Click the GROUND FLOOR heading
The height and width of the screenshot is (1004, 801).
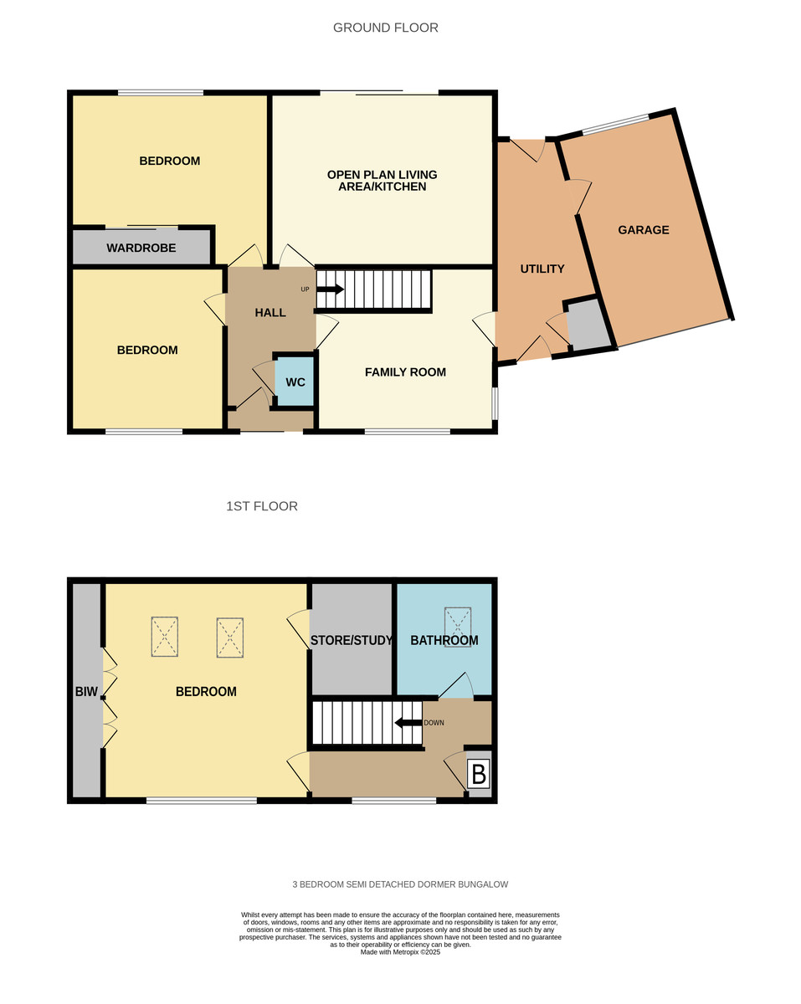[x=385, y=28]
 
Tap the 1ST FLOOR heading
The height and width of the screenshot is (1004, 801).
[x=261, y=506]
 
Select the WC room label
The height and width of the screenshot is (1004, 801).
[x=295, y=382]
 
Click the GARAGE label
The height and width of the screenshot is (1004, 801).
[x=644, y=230]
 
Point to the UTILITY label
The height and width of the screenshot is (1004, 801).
[x=542, y=269]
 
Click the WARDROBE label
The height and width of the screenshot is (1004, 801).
[x=141, y=248]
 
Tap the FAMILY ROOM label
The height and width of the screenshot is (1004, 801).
[x=405, y=372]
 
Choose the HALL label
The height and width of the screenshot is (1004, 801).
[x=270, y=313]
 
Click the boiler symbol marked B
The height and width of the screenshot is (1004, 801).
[x=478, y=775]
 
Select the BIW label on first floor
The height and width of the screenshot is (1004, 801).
[x=86, y=692]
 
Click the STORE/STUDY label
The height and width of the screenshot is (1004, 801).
[x=352, y=641]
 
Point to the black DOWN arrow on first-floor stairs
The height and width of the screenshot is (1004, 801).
[x=408, y=723]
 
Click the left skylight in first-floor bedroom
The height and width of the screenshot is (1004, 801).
[x=165, y=637]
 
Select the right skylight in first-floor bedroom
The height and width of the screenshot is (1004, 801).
[x=229, y=638]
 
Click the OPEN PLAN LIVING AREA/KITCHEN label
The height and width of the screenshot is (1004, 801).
[x=382, y=181]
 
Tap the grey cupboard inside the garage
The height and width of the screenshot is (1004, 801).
[x=590, y=325]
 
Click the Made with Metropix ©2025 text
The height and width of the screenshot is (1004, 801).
[x=400, y=952]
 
